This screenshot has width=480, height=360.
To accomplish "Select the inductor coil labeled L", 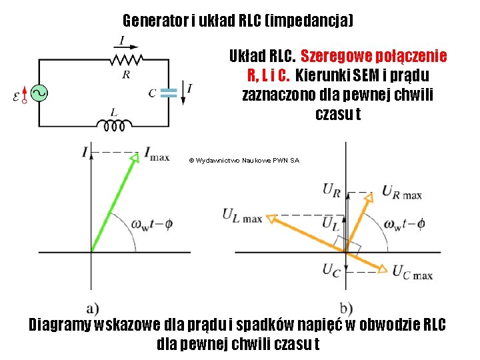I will point(115,124).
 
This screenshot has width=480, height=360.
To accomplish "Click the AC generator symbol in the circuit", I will point(39,93).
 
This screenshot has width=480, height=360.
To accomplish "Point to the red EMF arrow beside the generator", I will point(25,94).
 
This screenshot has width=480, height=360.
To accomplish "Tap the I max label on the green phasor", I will point(156,156).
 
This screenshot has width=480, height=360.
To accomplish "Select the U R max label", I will point(402,192).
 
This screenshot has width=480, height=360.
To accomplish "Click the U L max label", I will point(242,215).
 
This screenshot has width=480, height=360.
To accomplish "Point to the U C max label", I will point(413,272).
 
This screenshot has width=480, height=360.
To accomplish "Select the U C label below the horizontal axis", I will point(332,269).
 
